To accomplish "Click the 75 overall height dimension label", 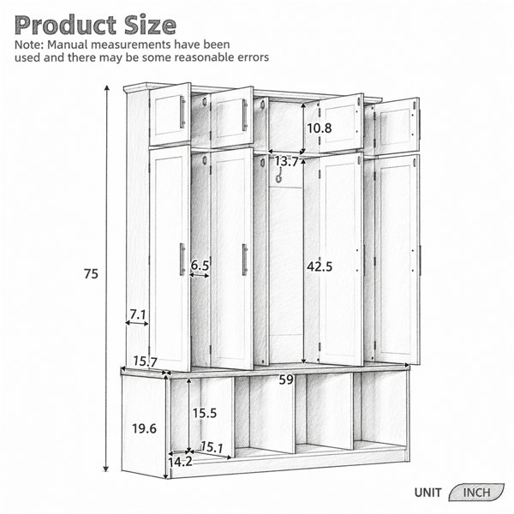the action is point(91,274).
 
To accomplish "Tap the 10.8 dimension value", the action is point(320,128).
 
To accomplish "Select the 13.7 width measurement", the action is point(286,161).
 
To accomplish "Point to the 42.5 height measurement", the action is point(320,266).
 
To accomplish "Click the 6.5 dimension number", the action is point(200,266).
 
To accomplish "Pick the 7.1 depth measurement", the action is point(138,315).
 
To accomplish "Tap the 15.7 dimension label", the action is point(146,362).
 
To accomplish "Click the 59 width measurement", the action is point(286,380).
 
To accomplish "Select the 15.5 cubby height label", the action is point(205,413).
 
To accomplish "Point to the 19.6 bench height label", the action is point(144,428).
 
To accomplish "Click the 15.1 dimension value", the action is point(212,447).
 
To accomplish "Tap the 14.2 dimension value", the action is point(180,462).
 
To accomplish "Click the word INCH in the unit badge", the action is point(476,493).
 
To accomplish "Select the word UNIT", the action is point(427,493).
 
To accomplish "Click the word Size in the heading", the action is point(150,25).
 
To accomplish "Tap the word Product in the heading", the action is point(66,25).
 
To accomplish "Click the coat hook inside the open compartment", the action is point(279,175).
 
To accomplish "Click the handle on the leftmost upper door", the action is point(182,112).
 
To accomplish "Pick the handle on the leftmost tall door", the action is point(182,260).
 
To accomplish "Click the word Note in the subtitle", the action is point(27,45).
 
